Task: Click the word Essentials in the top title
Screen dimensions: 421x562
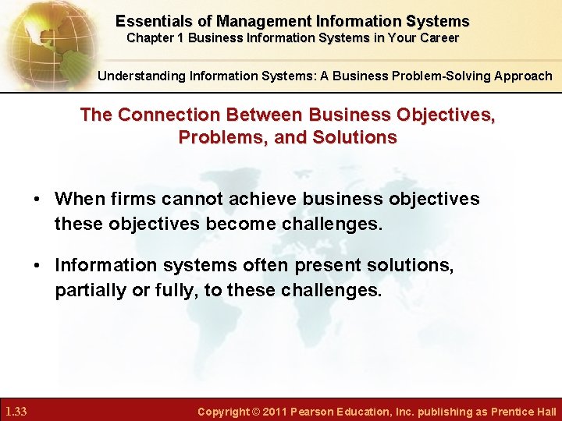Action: (151, 21)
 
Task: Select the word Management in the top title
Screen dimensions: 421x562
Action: (257, 21)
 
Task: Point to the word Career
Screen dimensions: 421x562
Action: (439, 37)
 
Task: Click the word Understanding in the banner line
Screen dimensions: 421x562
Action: (137, 76)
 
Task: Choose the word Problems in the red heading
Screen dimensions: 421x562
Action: (222, 137)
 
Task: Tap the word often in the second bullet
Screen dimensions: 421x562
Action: (265, 265)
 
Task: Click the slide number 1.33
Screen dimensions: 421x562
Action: (16, 411)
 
